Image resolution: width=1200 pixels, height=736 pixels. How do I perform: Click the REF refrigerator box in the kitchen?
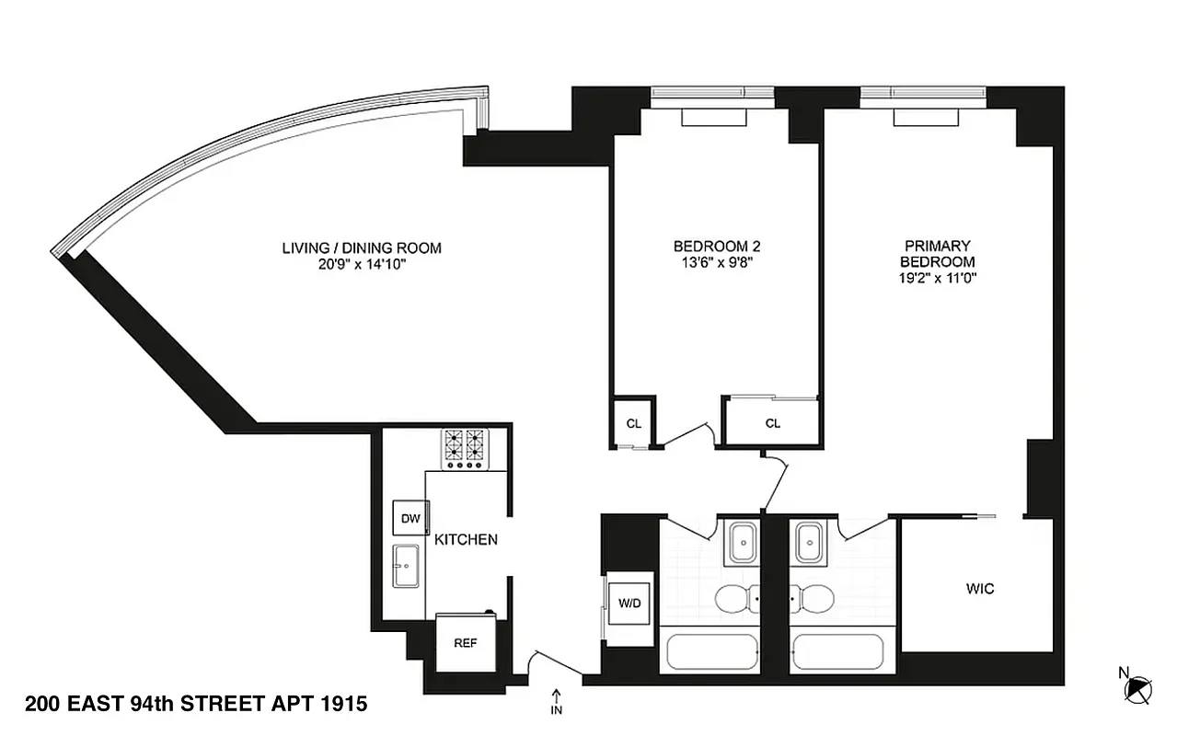click(x=466, y=642)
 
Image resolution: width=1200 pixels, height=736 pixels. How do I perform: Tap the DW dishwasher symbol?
click(x=410, y=519)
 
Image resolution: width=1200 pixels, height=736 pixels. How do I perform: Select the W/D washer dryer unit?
click(x=629, y=604)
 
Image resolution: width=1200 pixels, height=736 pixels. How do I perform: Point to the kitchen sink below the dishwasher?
click(x=406, y=565)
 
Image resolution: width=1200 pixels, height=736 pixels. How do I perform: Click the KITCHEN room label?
click(x=466, y=539)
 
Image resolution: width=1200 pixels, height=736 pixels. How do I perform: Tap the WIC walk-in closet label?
click(x=980, y=589)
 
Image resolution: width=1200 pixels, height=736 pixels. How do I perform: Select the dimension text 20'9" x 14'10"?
click(x=361, y=264)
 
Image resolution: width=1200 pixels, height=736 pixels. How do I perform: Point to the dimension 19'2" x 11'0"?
click(x=937, y=277)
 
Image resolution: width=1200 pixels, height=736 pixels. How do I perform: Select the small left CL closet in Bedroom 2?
click(x=633, y=423)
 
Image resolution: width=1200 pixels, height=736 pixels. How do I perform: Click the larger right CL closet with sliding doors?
click(x=772, y=423)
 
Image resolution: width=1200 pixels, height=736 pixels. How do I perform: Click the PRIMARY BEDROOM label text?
click(x=937, y=254)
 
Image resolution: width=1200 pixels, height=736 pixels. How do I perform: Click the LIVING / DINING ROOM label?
click(x=361, y=247)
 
